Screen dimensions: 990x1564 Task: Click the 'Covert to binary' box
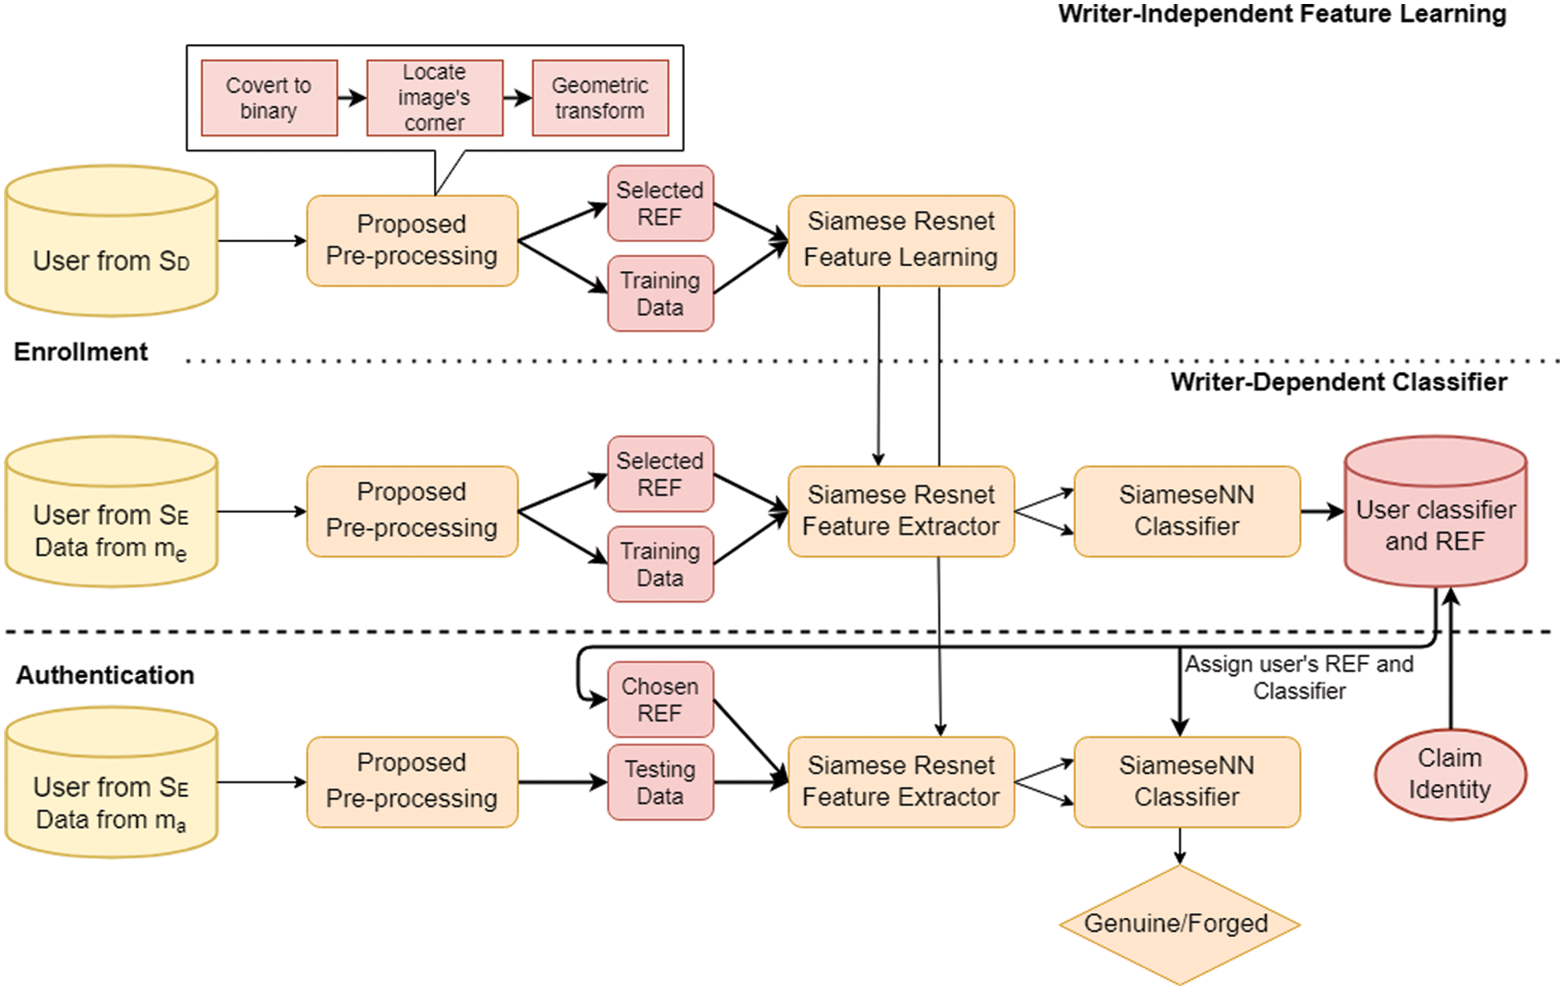pos(269,98)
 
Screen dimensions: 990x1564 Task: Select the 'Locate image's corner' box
pos(434,98)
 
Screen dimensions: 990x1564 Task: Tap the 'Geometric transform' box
pos(600,98)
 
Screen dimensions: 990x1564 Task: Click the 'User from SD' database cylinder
pos(111,241)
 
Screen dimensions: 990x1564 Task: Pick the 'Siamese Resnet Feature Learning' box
pos(901,240)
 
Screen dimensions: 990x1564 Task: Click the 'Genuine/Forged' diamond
pos(1179,924)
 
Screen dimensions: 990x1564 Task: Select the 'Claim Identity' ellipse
pos(1450,774)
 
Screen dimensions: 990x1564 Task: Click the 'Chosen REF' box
pos(660,700)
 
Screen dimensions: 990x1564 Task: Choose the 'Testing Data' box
pos(660,782)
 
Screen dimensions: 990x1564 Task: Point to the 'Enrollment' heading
pos(81,352)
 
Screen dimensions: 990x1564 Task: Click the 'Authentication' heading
pos(105,675)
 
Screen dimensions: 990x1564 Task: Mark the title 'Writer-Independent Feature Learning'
pos(1282,14)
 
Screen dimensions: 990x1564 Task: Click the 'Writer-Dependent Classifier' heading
pos(1338,382)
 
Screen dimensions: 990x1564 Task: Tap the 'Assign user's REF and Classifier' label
pos(1299,677)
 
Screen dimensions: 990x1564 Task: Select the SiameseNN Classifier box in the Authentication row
pos(1186,782)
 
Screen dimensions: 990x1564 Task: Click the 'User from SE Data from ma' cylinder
pos(111,783)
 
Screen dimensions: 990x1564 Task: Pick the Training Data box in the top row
pos(660,293)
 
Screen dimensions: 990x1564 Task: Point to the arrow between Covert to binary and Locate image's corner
pos(352,98)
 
